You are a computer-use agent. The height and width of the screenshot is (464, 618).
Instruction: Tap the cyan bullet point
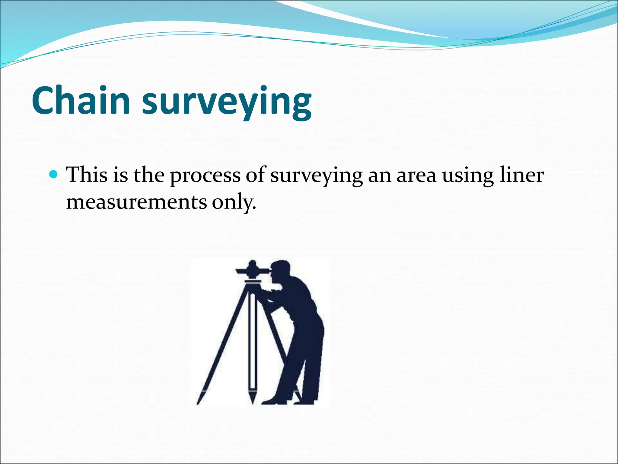(x=53, y=174)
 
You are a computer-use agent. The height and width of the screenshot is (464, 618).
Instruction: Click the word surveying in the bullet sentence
(x=316, y=176)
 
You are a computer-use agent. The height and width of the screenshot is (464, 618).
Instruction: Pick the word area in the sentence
(x=416, y=175)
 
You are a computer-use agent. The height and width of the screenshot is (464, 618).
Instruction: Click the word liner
(x=522, y=175)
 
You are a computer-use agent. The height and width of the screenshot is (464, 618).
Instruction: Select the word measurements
(x=136, y=202)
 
